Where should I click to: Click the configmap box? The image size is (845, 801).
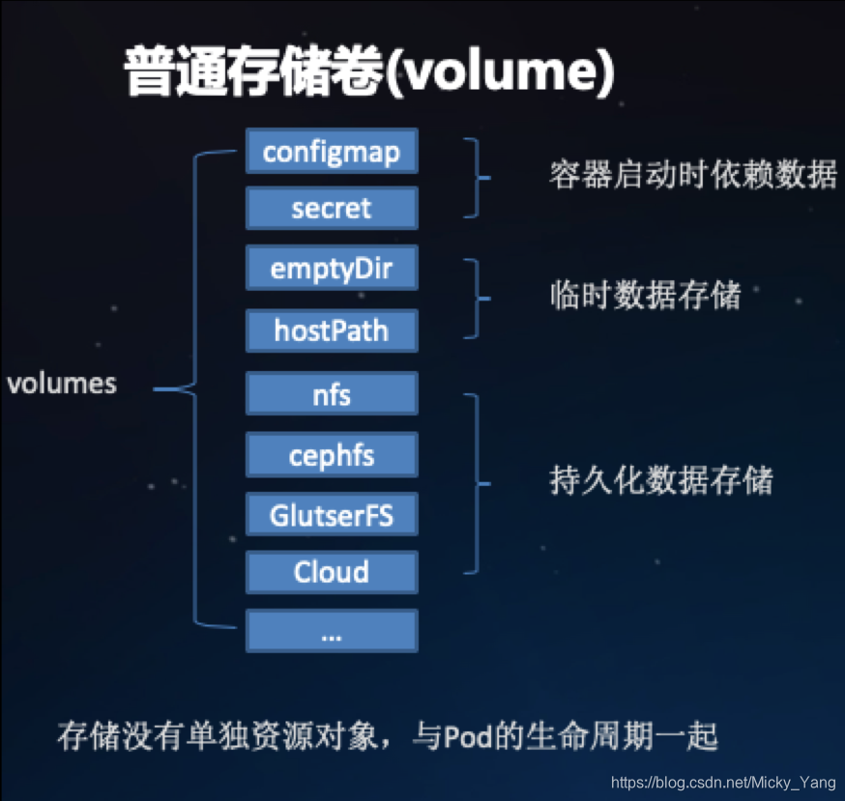332,151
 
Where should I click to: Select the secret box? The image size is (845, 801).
332,208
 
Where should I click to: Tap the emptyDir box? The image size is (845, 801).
332,268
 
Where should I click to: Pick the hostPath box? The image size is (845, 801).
332,330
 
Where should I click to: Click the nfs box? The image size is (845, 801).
332,394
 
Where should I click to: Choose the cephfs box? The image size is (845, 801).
332,454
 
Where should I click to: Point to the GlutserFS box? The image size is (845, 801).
332,515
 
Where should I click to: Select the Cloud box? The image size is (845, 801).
332,572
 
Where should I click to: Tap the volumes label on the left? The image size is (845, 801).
62,384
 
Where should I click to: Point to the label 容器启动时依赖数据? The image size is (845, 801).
692,175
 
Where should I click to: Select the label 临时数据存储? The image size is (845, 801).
645,295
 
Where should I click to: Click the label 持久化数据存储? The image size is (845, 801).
661,479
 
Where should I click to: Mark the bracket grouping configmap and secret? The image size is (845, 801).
476,178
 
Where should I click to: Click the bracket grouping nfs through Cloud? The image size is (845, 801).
477,482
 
